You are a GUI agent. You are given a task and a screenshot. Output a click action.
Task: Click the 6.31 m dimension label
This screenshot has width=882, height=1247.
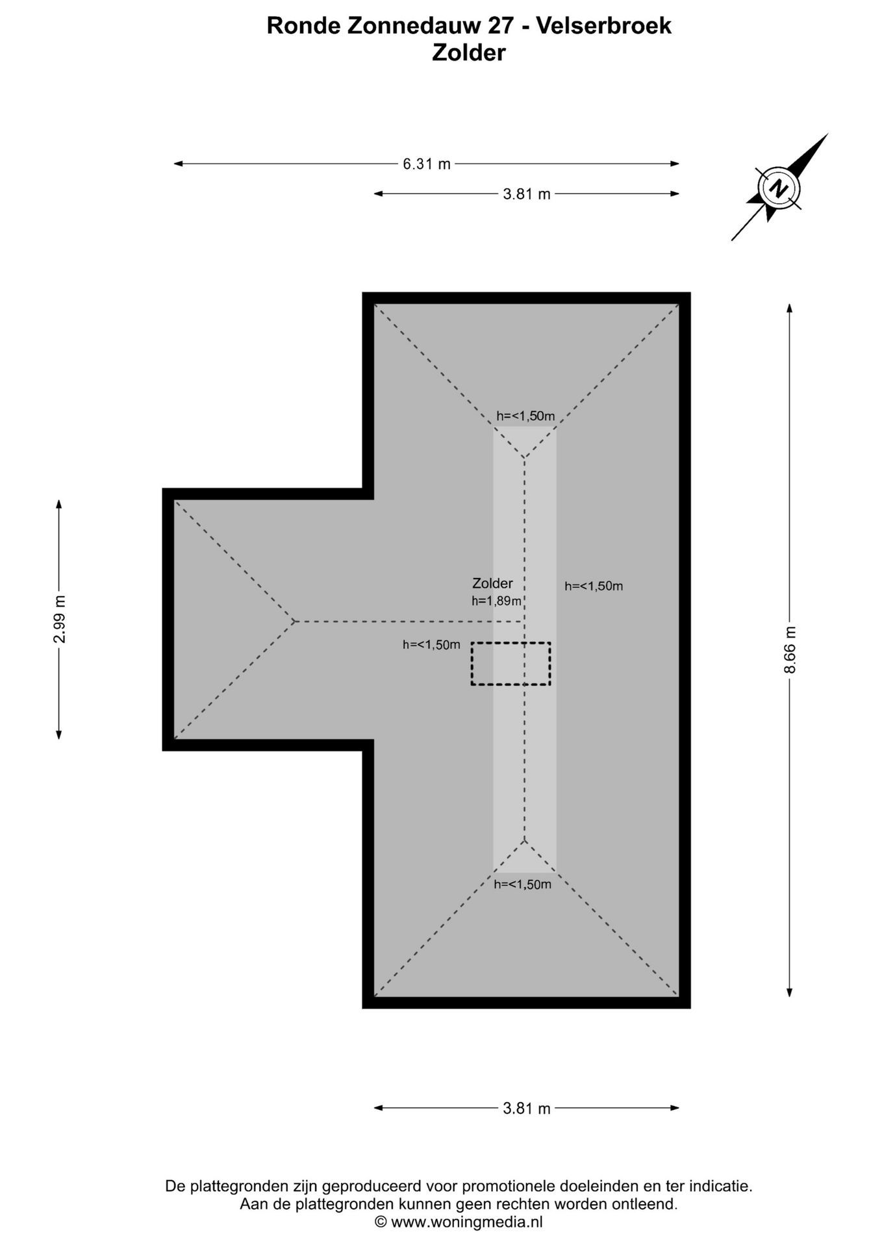coord(427,164)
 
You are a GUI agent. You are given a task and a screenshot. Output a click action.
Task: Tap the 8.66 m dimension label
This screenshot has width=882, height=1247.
coord(790,650)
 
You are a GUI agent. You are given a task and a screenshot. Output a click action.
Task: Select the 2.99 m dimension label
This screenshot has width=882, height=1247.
coord(59,619)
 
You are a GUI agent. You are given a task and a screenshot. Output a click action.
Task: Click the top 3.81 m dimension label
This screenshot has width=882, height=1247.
coord(527,194)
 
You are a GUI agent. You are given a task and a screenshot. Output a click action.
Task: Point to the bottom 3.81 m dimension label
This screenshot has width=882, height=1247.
coord(527,1109)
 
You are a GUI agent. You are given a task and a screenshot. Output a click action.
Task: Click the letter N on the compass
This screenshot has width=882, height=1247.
coord(778,188)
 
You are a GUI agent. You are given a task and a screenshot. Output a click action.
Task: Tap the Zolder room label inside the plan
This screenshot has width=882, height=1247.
coord(492,583)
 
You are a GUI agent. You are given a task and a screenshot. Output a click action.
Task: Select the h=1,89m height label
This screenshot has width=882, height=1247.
coord(497,601)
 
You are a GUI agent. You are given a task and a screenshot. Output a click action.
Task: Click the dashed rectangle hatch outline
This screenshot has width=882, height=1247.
coord(511,664)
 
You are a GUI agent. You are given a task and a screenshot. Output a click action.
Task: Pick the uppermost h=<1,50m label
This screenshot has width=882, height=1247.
coord(526,416)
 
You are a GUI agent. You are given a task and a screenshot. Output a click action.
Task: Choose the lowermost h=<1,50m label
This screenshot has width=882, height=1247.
coord(523,884)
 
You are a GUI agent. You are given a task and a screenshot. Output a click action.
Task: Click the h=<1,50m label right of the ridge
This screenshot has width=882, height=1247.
coord(594,586)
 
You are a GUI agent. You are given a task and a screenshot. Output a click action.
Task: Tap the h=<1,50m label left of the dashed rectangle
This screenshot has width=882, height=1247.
coord(431,645)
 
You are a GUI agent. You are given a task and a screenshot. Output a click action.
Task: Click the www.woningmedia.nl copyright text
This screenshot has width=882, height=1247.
coord(466,1222)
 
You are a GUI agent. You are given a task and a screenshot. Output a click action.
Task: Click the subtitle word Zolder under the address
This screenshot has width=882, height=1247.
coord(469,53)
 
